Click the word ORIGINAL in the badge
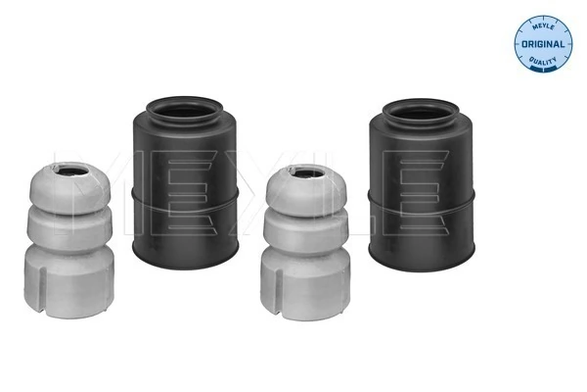543,44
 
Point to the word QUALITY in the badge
543,60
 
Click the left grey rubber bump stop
69,240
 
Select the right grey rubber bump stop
305,242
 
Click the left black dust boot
185,182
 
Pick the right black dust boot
421,184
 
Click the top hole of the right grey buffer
309,174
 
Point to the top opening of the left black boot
184,111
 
